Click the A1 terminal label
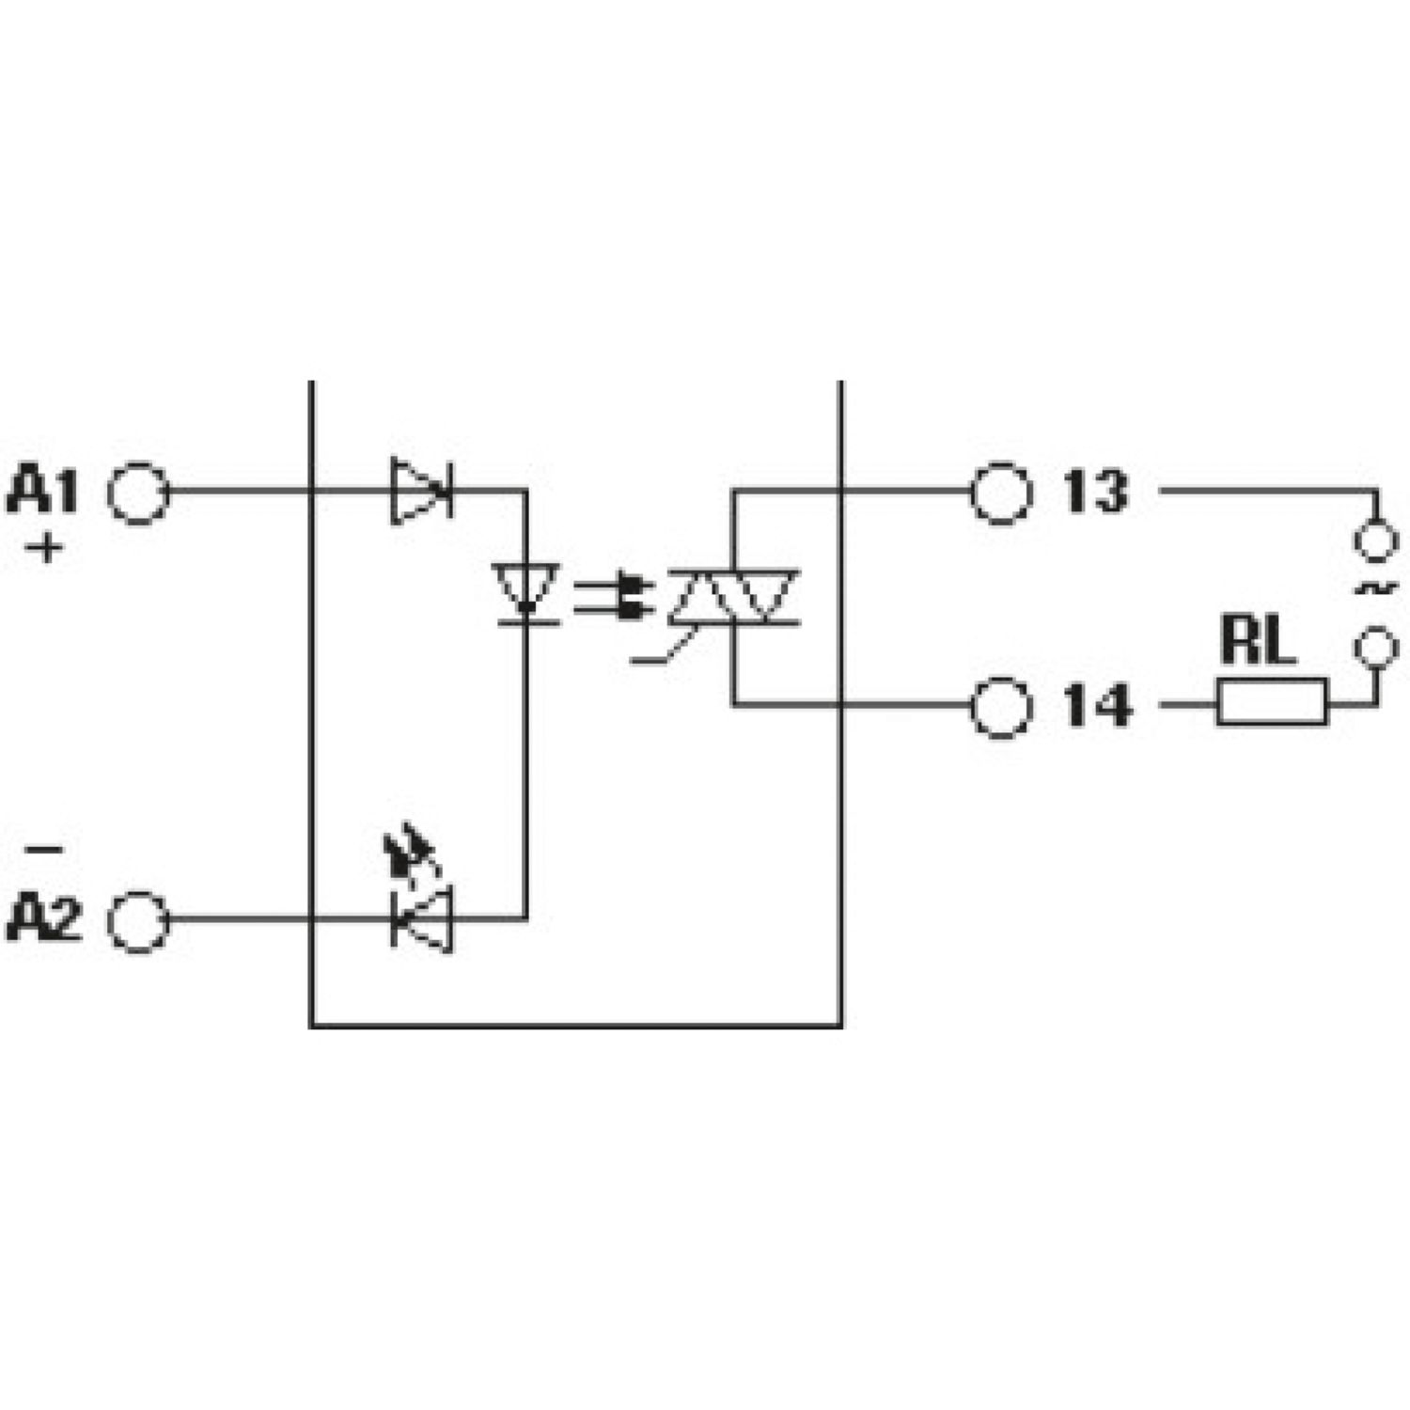point(42,492)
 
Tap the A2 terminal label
point(44,919)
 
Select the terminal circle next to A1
point(139,492)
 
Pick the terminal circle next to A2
point(139,921)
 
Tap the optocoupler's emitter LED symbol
point(526,591)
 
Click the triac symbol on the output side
point(733,596)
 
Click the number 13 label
point(1094,492)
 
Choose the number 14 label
point(1096,706)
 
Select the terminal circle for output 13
point(1001,492)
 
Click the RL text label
point(1258,641)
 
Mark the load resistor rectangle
point(1272,703)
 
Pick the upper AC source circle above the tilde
point(1376,541)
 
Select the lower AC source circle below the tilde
point(1376,647)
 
